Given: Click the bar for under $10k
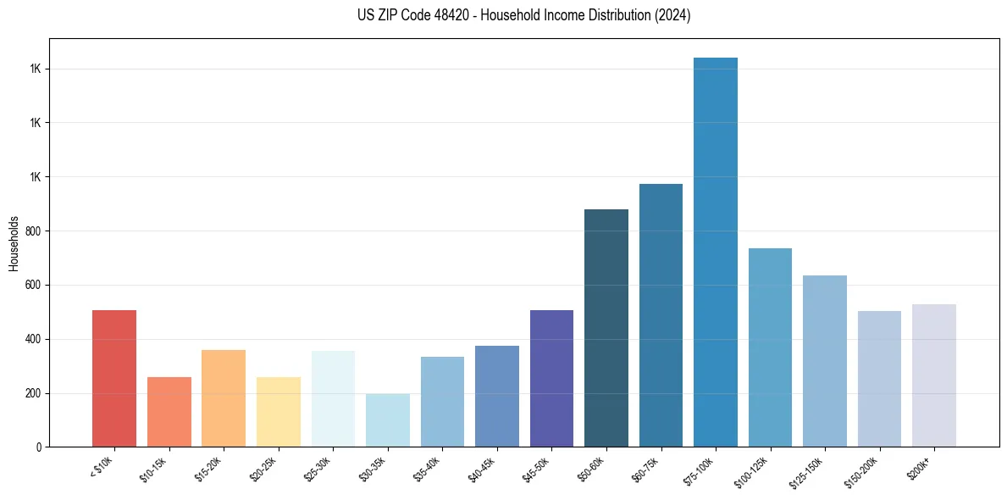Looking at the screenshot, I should [114, 378].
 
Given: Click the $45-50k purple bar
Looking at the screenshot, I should [551, 378].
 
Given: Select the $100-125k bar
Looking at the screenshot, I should [770, 347].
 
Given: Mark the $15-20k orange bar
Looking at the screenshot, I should [224, 398].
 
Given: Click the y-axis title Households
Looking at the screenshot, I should [14, 243].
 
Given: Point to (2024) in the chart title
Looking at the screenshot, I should [672, 15].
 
